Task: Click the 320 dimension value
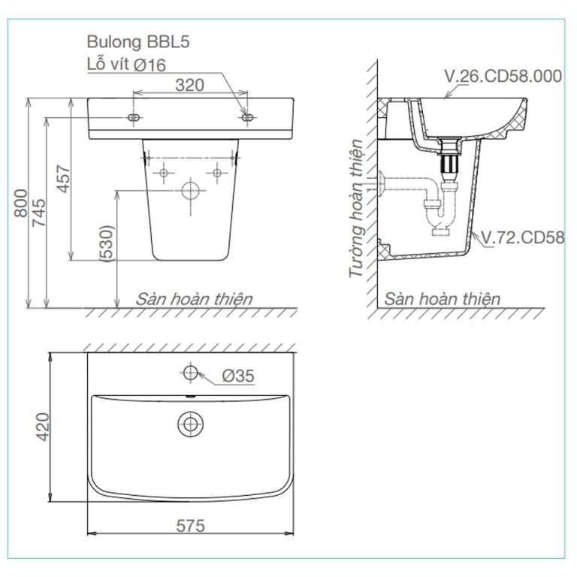click(x=189, y=85)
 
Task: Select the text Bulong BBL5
click(x=137, y=43)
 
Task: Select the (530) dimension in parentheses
click(x=108, y=245)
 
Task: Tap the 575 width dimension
click(x=190, y=526)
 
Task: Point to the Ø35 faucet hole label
click(x=238, y=376)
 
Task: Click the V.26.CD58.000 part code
click(x=503, y=75)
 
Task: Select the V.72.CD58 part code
click(x=522, y=238)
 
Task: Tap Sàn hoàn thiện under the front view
click(x=194, y=299)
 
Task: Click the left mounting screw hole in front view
click(x=134, y=119)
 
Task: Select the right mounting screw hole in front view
click(x=247, y=119)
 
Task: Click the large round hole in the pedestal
click(x=192, y=190)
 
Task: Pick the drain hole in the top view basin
click(x=190, y=424)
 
